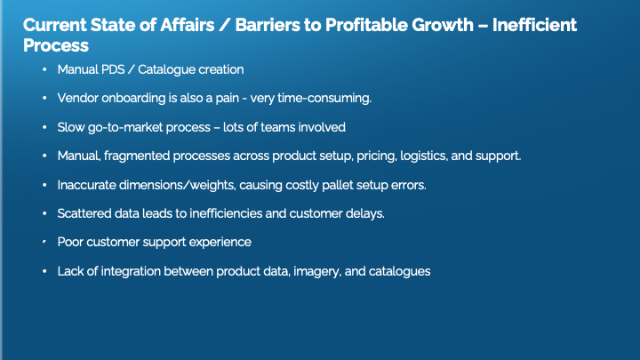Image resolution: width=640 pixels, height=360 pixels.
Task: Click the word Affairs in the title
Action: coord(187,25)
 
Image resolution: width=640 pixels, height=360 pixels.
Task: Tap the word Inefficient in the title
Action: coord(534,25)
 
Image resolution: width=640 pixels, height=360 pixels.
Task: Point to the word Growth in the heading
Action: coord(443,25)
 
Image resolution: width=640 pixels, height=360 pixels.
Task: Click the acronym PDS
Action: coord(113,69)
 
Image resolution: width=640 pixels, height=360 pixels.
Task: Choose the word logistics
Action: coord(424,156)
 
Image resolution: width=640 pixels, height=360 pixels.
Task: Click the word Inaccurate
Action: coord(86,185)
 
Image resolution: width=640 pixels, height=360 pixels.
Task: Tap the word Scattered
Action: coord(84,213)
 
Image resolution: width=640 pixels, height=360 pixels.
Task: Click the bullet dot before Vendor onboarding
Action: coord(44,98)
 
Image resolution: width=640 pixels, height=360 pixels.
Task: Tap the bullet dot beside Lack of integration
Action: coord(44,271)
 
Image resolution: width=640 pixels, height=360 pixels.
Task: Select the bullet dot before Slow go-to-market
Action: coord(44,127)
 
